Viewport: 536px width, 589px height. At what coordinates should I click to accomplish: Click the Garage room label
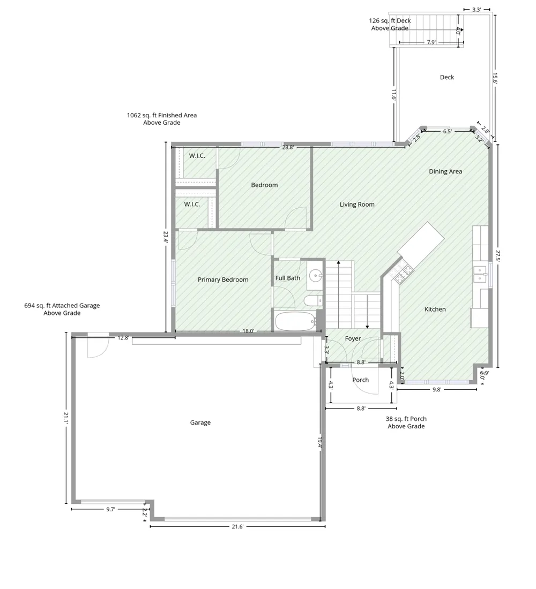coord(200,422)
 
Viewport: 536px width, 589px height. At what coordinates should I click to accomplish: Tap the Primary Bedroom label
coord(223,280)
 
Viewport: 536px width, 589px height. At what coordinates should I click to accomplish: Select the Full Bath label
coord(288,278)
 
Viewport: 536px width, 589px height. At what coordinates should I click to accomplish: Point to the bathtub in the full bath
coord(296,321)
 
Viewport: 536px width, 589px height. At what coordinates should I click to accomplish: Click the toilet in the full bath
coord(313,301)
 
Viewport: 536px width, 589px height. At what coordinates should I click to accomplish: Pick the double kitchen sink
coord(480,274)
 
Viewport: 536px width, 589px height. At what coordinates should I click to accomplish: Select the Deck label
coord(447,77)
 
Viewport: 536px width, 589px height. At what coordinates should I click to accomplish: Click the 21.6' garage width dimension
coord(237,527)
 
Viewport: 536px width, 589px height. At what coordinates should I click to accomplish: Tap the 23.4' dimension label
coord(166,237)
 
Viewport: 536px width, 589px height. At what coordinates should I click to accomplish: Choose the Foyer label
coord(353,339)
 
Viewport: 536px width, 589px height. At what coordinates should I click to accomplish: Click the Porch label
coord(360,380)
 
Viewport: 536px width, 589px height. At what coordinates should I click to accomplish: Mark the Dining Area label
coord(445,172)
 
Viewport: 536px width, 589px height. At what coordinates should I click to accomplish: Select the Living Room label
coord(357,205)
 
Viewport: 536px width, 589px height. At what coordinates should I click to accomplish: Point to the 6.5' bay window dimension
coord(447,132)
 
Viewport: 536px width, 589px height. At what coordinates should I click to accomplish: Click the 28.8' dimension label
coord(288,148)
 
